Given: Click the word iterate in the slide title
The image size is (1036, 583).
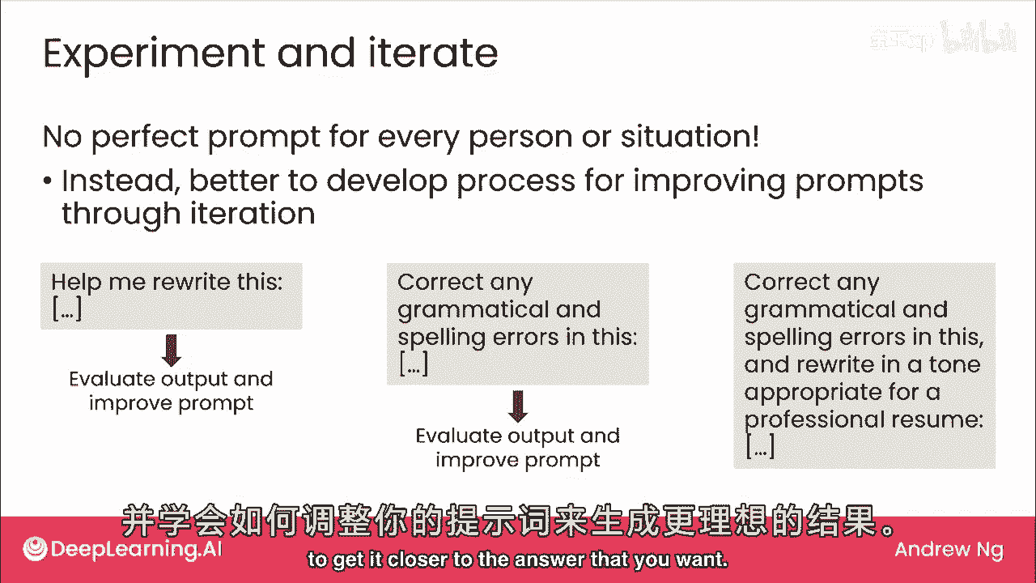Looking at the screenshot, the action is (433, 53).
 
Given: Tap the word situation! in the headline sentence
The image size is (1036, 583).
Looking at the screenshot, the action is (689, 137).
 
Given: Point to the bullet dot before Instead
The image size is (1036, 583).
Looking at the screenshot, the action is (47, 181).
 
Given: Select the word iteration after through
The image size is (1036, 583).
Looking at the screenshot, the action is (253, 213).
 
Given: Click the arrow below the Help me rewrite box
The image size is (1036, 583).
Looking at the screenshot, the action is (172, 351).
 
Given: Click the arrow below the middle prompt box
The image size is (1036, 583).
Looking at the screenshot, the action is (517, 406).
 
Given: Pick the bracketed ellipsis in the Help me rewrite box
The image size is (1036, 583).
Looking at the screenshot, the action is (67, 309).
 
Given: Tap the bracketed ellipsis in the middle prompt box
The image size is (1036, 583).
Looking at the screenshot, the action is (414, 364).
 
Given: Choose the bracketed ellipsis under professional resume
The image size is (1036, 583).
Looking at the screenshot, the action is (760, 445).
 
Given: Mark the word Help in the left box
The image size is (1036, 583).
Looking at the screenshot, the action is (76, 283).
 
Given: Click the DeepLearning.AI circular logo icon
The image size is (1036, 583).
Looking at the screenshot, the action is (35, 549).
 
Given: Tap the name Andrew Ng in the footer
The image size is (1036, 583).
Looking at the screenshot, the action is (949, 550).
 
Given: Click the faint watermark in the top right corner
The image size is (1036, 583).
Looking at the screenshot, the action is (943, 37).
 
